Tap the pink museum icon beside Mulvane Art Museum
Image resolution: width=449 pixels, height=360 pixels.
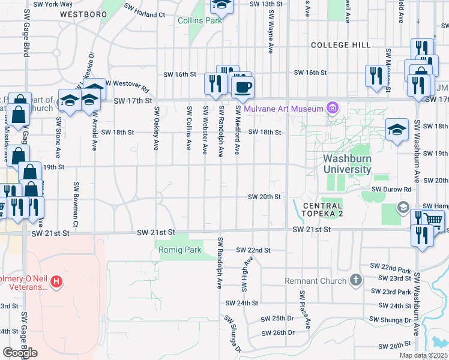[332, 109]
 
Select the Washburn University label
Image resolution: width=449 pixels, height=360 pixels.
[347, 164]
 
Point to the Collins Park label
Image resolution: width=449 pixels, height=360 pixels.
[200, 20]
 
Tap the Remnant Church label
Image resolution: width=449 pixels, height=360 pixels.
[316, 280]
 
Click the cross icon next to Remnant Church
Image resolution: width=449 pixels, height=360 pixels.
[355, 280]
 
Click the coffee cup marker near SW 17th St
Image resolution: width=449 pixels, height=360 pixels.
[243, 88]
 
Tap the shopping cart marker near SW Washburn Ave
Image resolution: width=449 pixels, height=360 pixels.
[433, 220]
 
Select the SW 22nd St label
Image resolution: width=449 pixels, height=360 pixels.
[253, 250]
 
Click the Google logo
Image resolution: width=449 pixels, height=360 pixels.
[20, 353]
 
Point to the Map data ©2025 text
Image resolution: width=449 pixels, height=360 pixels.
[424, 355]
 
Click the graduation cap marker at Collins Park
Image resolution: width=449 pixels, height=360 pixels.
[221, 6]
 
